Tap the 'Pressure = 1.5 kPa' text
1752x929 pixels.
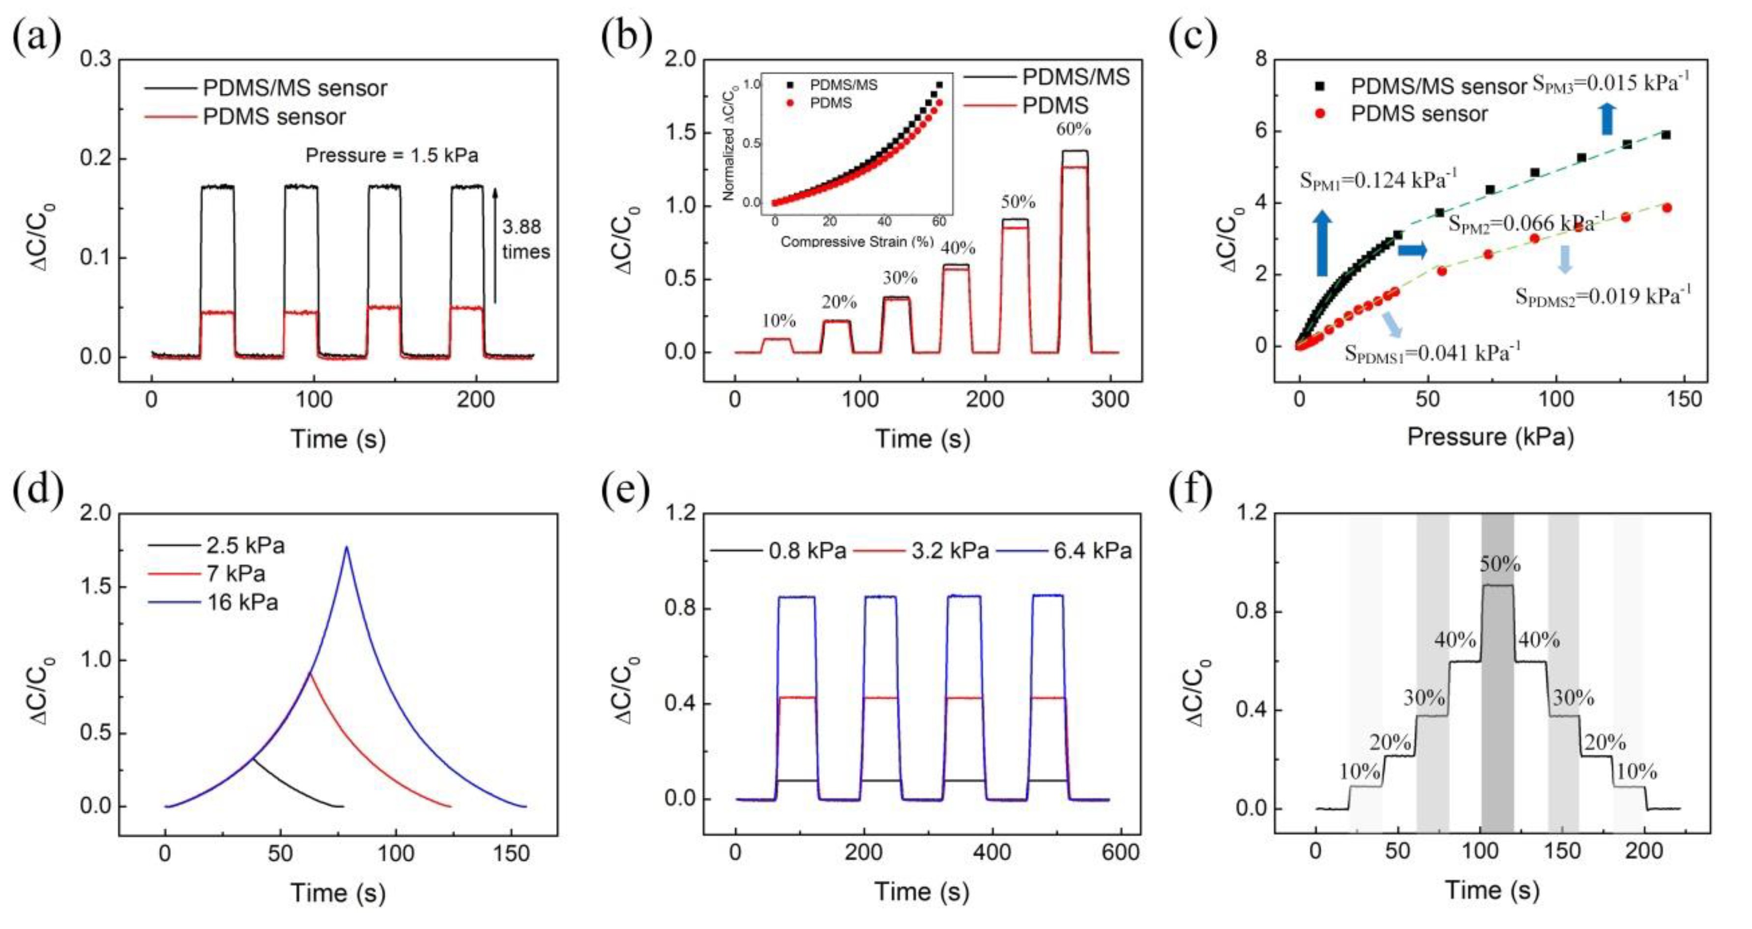coord(392,155)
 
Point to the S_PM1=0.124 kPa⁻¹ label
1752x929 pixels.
coord(1378,180)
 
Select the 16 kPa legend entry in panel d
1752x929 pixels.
coord(243,603)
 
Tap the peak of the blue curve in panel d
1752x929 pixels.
coord(347,546)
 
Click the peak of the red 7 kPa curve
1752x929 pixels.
coord(310,673)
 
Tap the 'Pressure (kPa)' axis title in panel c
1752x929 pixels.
coord(1490,436)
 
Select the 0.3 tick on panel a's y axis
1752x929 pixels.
coord(97,60)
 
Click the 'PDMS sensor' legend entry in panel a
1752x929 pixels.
coord(274,117)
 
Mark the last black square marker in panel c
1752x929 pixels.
coord(1665,135)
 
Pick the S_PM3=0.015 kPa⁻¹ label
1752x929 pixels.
coord(1610,84)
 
